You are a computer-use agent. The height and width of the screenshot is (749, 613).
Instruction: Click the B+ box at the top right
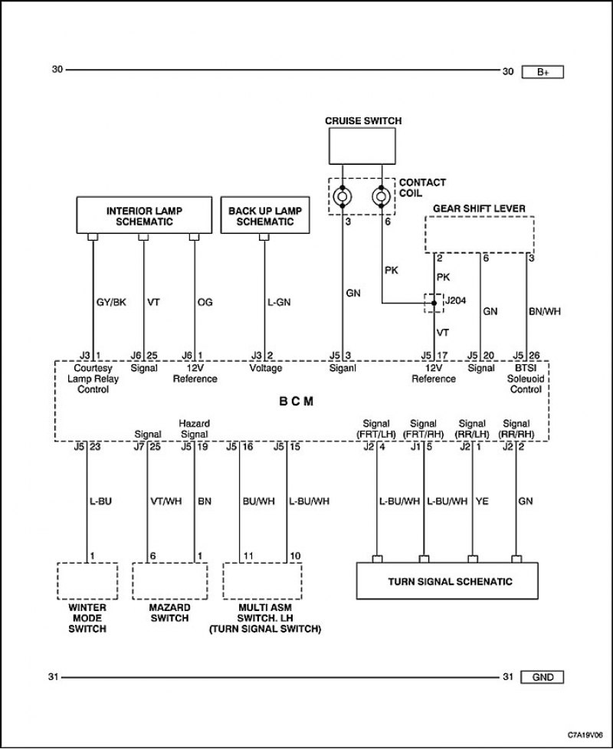tap(543, 72)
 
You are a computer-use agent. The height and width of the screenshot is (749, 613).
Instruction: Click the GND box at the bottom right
tap(543, 678)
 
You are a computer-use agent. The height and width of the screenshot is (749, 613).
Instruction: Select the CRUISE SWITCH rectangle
tap(362, 146)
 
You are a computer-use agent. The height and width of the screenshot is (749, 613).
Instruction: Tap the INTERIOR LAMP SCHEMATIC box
tap(144, 215)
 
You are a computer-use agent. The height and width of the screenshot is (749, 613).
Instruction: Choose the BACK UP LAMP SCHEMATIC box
tap(265, 215)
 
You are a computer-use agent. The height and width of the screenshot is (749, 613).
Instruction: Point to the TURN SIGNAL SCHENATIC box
tap(447, 581)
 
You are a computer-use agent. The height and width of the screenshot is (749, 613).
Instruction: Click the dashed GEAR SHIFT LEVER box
tap(480, 235)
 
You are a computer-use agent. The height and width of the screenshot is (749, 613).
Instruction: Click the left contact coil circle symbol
tap(343, 196)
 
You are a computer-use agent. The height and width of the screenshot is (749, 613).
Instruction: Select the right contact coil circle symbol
tap(382, 196)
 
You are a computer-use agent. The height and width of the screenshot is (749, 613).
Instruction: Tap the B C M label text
tap(296, 401)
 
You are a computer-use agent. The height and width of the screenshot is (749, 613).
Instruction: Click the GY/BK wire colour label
tap(111, 302)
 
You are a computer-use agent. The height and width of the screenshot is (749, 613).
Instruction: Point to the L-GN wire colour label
tap(278, 302)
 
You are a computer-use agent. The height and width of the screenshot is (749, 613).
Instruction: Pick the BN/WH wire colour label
tap(545, 311)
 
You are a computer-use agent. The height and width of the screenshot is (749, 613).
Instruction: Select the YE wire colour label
tap(482, 501)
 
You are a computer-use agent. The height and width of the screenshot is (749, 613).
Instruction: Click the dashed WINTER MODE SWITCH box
tap(87, 581)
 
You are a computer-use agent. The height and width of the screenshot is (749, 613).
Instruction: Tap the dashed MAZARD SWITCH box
tap(170, 581)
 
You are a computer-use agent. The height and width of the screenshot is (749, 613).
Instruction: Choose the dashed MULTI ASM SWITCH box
tap(263, 581)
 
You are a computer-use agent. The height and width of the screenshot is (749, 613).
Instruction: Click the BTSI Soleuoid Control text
tap(526, 379)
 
